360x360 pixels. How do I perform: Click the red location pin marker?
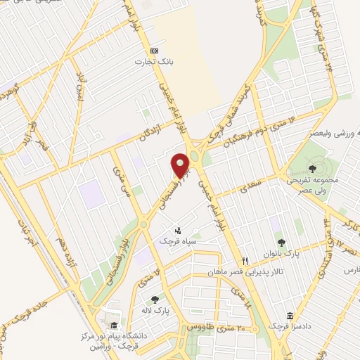point(181,166)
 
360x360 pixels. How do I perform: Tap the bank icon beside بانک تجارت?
point(153,51)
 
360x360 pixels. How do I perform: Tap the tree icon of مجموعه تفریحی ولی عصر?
point(311,168)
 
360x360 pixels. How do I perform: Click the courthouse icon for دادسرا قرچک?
point(290,316)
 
